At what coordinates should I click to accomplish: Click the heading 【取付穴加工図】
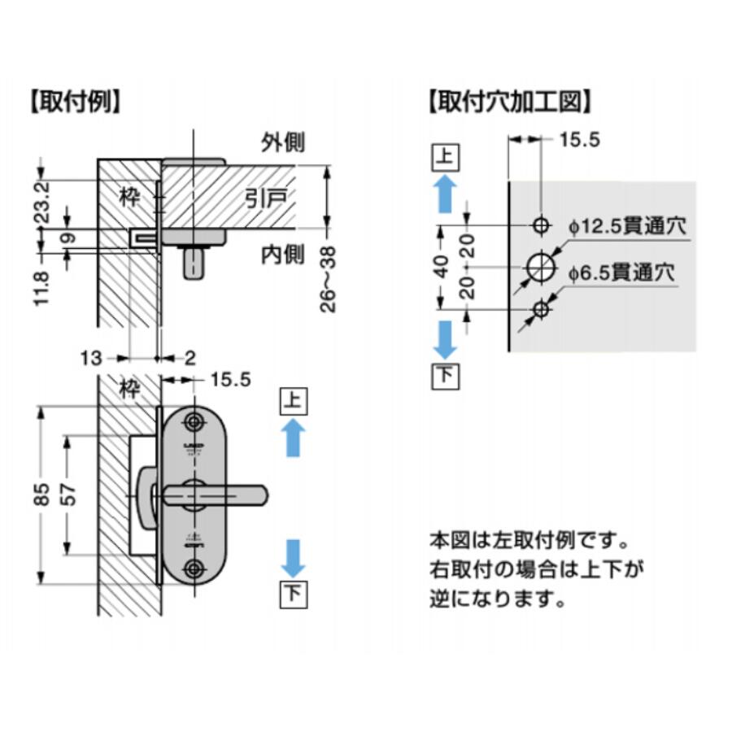(509, 104)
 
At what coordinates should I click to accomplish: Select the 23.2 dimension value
(44, 202)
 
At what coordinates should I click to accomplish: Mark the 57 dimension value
(69, 495)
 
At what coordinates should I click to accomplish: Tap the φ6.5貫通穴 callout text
(622, 273)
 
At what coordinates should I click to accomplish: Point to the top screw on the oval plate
(194, 422)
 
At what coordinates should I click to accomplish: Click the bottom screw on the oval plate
(194, 567)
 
